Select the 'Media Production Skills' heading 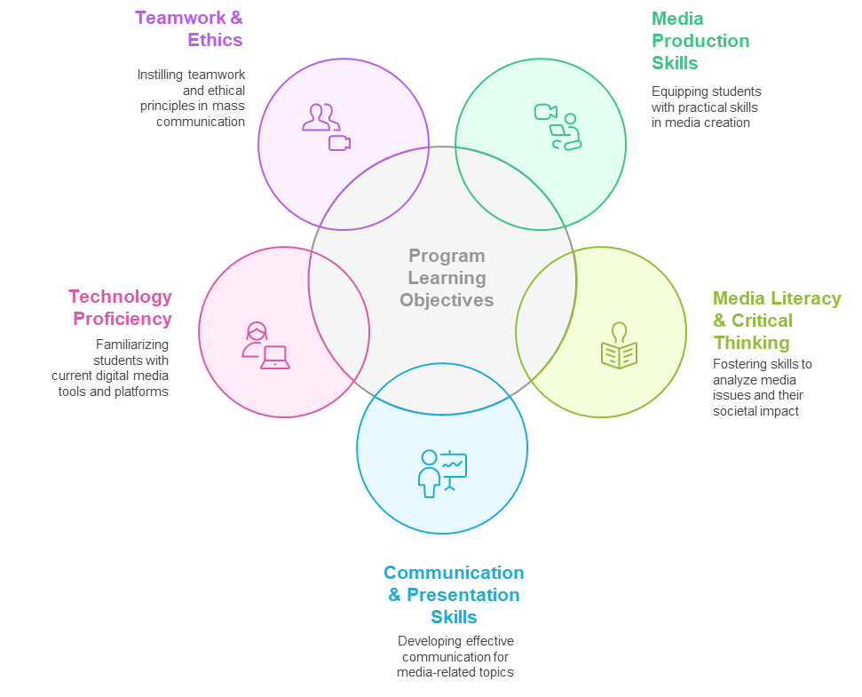700,41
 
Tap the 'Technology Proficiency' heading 121,307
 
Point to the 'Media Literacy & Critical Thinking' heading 776,321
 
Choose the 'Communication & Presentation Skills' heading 454,595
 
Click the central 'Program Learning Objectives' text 447,278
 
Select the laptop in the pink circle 275,357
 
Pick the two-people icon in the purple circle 320,117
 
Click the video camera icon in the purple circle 339,143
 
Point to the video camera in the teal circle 545,112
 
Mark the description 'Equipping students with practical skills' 706,107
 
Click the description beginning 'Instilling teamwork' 192,98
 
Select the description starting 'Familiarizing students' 110,368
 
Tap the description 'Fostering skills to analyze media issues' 762,387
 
